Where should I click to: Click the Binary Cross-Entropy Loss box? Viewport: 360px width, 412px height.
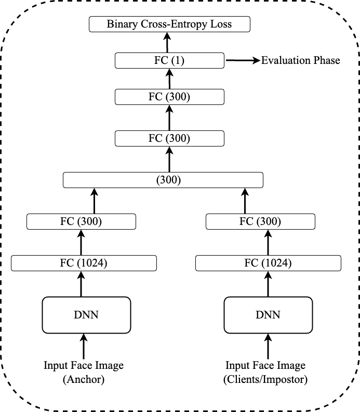(x=169, y=24)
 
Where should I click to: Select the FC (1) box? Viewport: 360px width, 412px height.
(x=169, y=60)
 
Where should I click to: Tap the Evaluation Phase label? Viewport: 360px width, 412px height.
(x=300, y=60)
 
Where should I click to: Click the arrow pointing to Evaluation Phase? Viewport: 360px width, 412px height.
(x=242, y=60)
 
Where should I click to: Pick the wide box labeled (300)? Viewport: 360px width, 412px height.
(x=163, y=180)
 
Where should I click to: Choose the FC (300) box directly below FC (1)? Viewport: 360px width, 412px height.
(x=169, y=97)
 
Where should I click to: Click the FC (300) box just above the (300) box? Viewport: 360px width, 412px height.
(x=169, y=138)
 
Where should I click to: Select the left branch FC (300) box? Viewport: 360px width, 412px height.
(x=81, y=221)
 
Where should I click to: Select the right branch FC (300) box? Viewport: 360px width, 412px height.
(x=260, y=221)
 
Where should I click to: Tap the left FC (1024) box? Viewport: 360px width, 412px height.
(x=84, y=263)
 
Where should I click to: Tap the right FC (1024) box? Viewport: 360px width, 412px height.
(x=268, y=263)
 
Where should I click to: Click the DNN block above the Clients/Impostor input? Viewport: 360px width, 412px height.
(x=268, y=315)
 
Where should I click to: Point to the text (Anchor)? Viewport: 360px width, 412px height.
(x=84, y=380)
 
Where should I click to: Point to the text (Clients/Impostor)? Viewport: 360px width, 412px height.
(x=265, y=380)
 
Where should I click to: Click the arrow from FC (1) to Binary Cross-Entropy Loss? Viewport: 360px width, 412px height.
(x=167, y=42)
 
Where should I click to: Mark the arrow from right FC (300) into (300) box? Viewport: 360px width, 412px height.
(x=245, y=200)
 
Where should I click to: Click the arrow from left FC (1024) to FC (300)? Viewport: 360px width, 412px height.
(x=81, y=242)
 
